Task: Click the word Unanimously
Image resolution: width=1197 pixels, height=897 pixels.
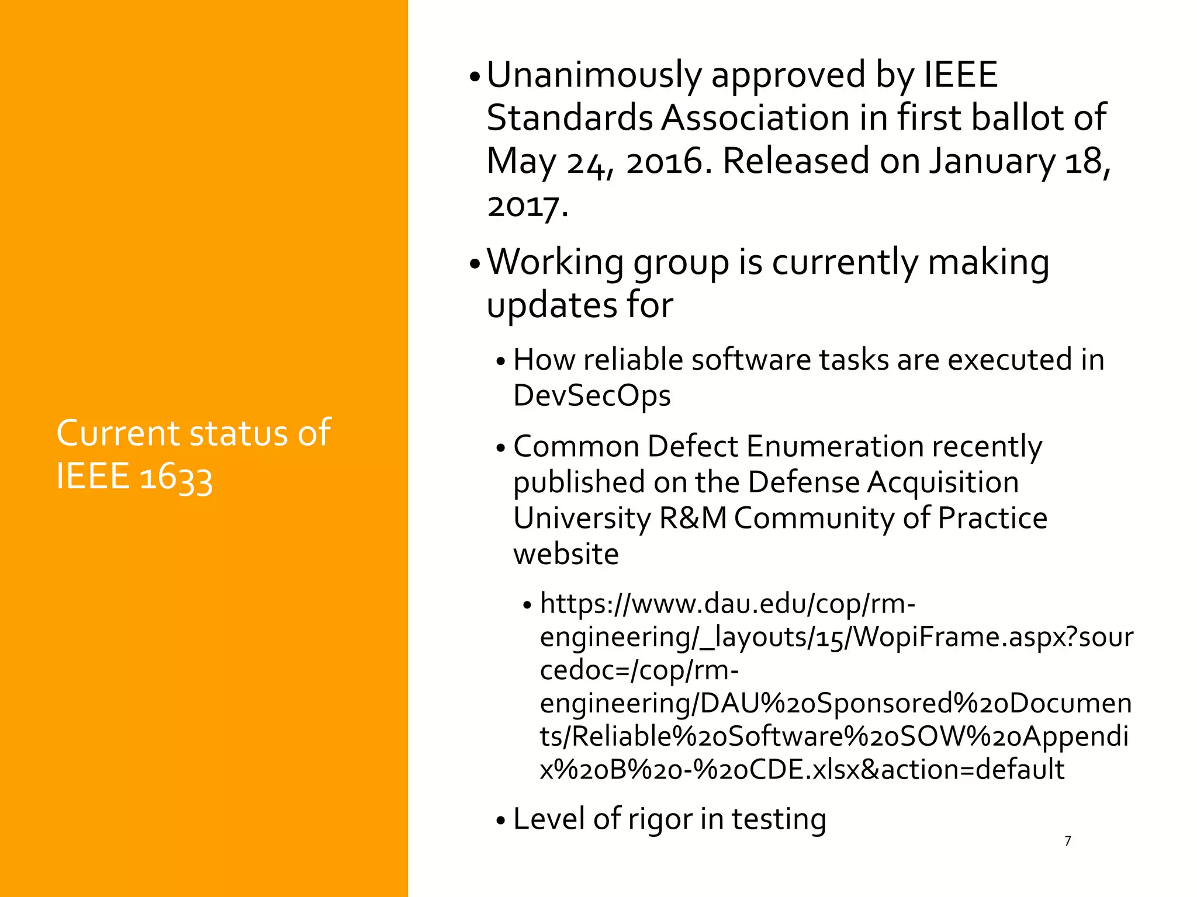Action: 594,76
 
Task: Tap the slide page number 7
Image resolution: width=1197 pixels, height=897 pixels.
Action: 1068,841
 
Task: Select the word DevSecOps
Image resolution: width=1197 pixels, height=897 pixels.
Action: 591,397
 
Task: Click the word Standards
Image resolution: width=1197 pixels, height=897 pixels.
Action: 569,118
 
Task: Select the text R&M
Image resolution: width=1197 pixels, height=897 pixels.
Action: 693,519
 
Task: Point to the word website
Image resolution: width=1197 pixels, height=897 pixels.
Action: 566,554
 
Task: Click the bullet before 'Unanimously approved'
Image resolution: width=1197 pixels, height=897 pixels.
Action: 475,78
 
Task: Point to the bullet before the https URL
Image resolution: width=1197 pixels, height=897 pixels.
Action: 527,606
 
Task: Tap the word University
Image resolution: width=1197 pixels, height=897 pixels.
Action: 582,519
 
